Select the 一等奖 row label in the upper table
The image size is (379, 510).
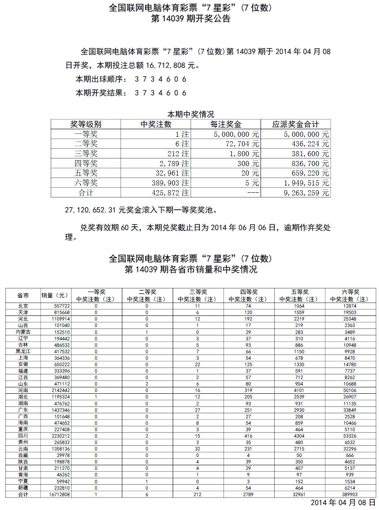tap(86, 134)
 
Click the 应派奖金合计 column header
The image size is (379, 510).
tap(295, 124)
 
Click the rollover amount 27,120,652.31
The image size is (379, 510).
tap(91, 211)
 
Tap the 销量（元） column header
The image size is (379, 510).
tap(55, 295)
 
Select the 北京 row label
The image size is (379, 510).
tap(23, 306)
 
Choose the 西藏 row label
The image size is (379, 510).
tap(23, 455)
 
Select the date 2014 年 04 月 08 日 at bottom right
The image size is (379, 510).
tap(343, 503)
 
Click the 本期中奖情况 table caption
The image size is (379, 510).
tap(190, 114)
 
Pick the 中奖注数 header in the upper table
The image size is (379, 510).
tap(156, 124)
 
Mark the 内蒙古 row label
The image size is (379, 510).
tap(23, 332)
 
